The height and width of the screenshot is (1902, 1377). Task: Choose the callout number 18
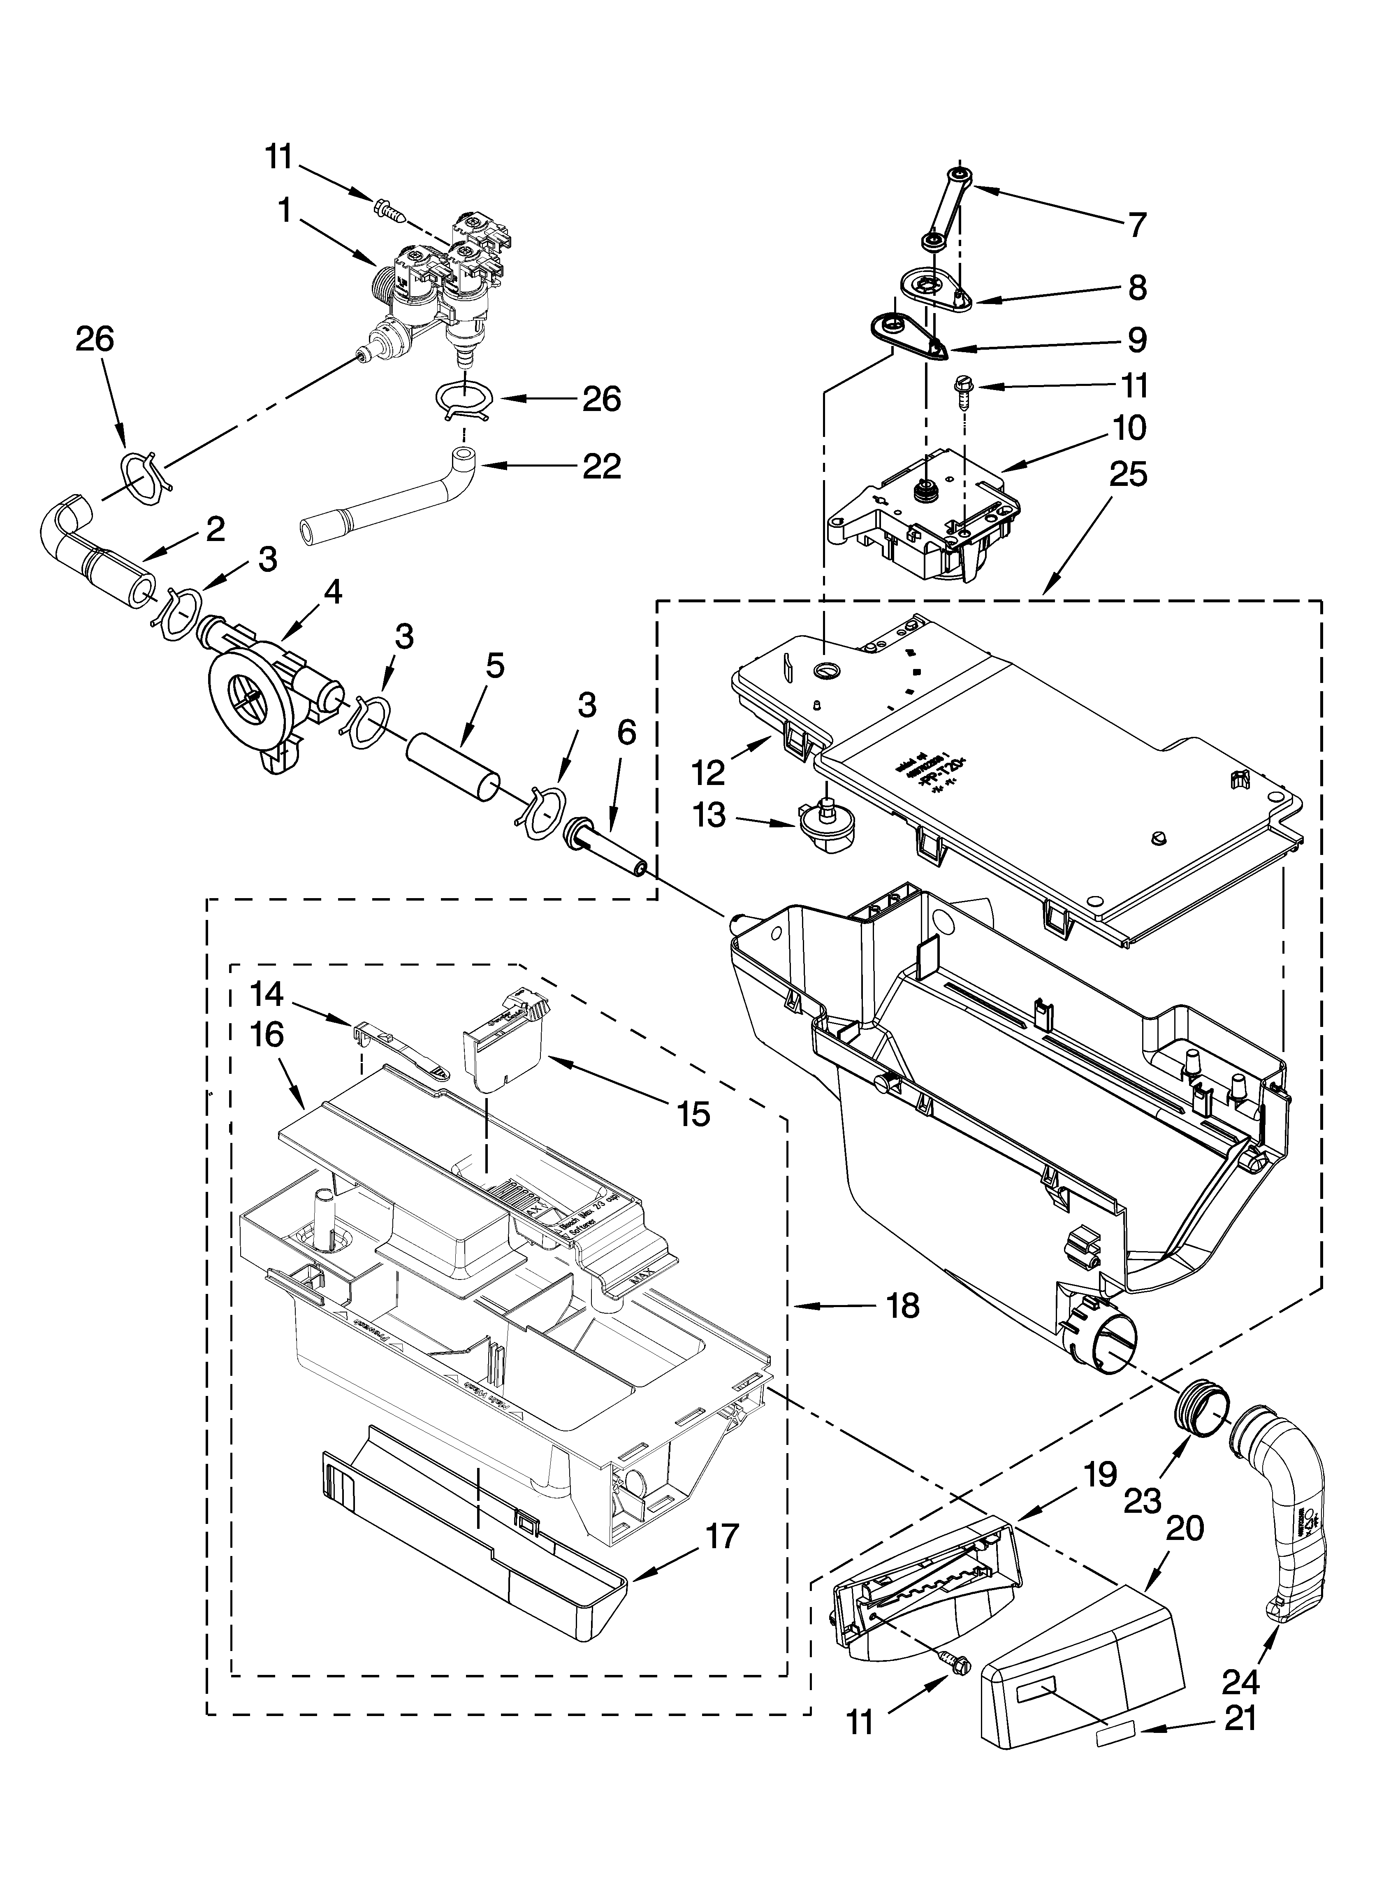(x=902, y=1306)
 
